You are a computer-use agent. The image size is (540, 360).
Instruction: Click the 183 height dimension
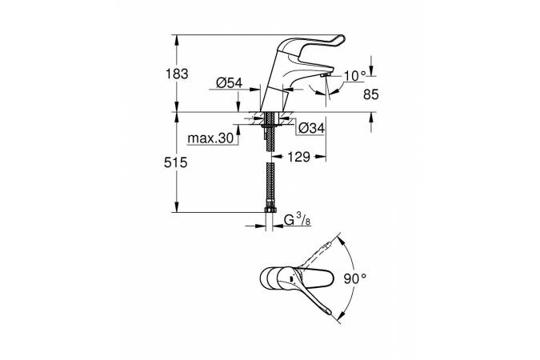click(x=177, y=74)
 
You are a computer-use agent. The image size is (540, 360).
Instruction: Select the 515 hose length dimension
click(x=176, y=162)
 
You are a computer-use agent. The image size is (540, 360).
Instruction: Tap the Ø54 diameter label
click(x=230, y=82)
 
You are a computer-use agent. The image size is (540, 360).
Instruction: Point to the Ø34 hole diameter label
click(x=311, y=128)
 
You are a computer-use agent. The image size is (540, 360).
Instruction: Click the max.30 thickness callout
click(x=210, y=138)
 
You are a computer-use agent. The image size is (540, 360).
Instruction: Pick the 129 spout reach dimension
click(x=298, y=157)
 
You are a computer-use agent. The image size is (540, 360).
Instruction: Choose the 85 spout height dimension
click(x=371, y=94)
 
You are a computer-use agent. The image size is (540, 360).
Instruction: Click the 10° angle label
click(x=354, y=76)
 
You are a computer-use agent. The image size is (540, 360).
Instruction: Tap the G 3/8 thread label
click(x=298, y=220)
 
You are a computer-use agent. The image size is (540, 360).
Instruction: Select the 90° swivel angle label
click(x=355, y=278)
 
